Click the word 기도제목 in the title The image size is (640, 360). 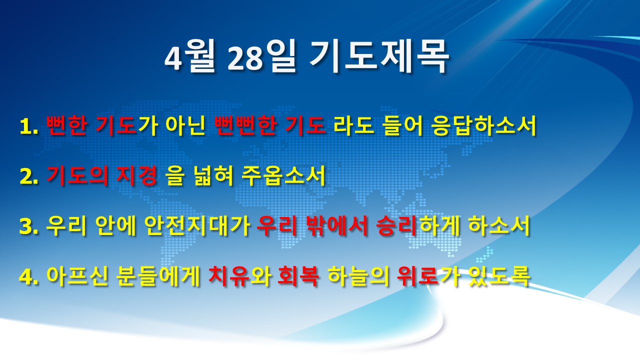[x=378, y=56]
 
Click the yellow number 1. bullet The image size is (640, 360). [x=29, y=126]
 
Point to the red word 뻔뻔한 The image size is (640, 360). [x=245, y=125]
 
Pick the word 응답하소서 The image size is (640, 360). [x=483, y=125]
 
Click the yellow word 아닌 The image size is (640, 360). [x=186, y=125]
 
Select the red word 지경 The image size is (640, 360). [x=137, y=175]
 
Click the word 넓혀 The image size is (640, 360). [x=214, y=175]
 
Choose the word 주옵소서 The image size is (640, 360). [x=283, y=175]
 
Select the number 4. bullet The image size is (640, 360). [x=29, y=276]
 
